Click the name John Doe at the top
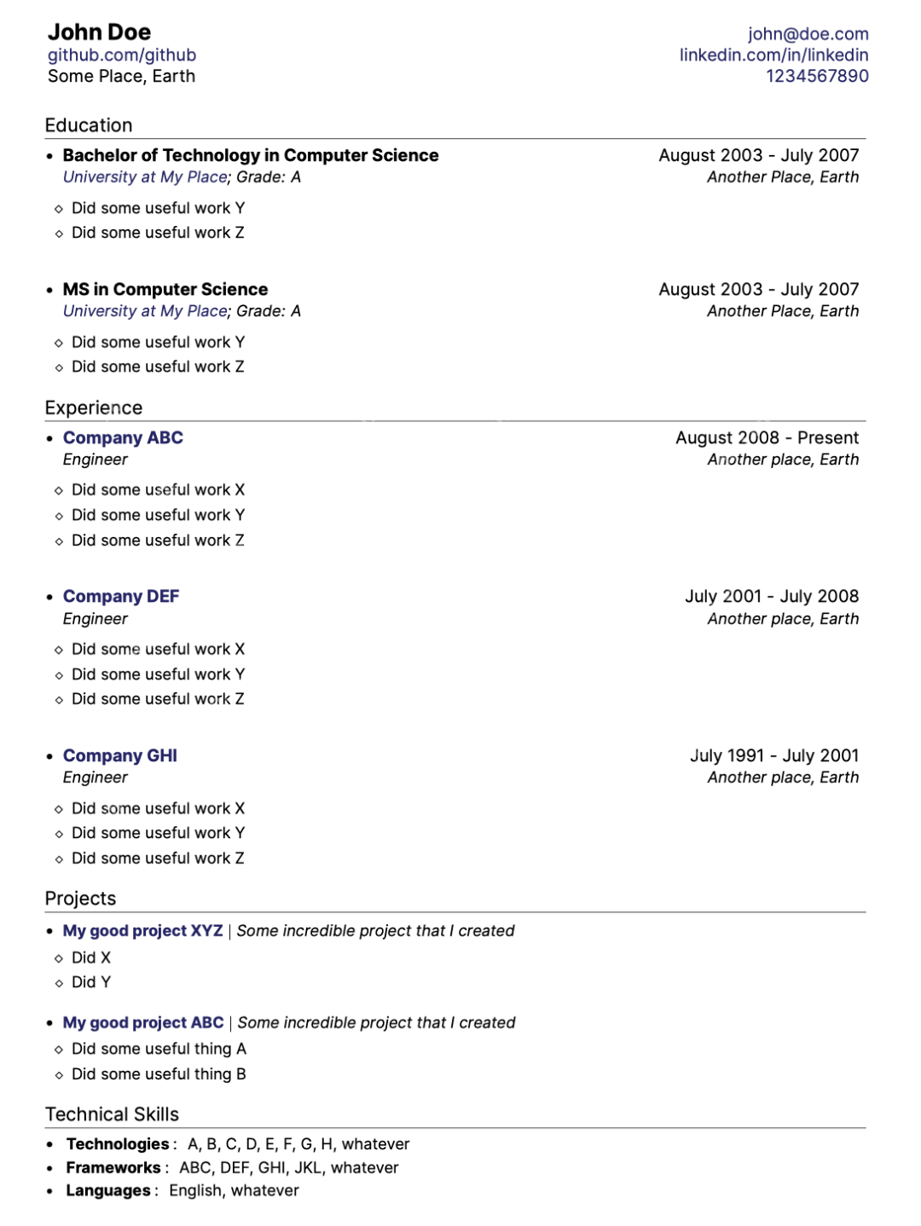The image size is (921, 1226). point(99,32)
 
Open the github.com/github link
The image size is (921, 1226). point(122,55)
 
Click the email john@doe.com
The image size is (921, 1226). point(808,34)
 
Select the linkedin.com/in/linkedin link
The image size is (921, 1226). point(773,55)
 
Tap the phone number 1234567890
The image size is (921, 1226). point(816,76)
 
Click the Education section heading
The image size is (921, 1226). point(89,125)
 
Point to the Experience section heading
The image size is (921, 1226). point(94,408)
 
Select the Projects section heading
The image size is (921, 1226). point(80,899)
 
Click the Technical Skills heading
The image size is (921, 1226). point(112,1114)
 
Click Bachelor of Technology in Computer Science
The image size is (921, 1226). point(251,155)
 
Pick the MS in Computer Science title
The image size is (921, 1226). point(165,290)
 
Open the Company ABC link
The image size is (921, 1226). point(123,438)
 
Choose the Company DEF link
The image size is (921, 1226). point(121,597)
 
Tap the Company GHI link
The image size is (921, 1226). point(120,756)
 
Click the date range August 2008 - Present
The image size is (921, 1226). point(767,438)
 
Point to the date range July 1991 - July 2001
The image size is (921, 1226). point(773,756)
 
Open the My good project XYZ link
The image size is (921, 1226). point(142,931)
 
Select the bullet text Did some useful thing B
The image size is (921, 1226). point(159,1074)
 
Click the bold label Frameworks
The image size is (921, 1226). point(113,1168)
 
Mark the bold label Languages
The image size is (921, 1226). point(108,1191)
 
